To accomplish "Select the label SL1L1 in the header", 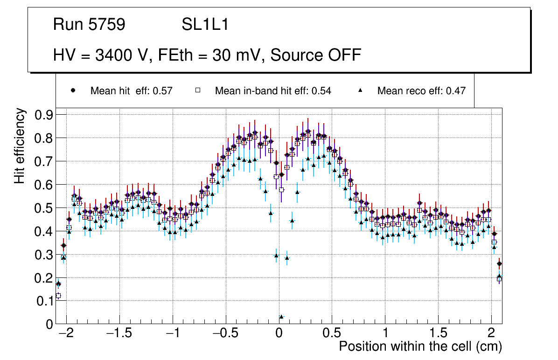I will coord(205,25).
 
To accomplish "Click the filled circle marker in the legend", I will coord(73,90).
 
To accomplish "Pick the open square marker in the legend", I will coord(198,90).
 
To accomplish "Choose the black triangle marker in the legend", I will coord(360,90).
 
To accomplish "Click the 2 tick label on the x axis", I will coord(491,334).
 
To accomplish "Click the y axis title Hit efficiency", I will coord(20,145).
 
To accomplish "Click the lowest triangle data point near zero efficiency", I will coord(281,317).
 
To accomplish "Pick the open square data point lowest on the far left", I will coord(58,296).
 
